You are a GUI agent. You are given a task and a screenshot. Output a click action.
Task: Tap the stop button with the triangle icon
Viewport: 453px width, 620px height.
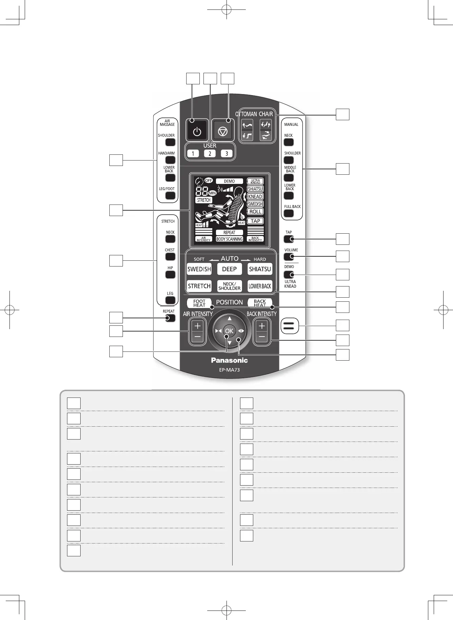click(x=222, y=131)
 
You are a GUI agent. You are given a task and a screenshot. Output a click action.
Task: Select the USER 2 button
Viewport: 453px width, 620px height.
click(x=210, y=153)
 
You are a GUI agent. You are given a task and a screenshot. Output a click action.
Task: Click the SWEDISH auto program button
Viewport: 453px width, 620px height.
click(x=199, y=269)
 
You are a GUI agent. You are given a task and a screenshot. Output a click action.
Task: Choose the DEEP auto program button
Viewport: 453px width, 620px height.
click(x=229, y=269)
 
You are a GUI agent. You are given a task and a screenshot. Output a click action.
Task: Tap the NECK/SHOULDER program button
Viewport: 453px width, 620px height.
click(x=229, y=286)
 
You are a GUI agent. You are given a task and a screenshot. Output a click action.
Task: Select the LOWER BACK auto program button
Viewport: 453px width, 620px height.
click(x=260, y=286)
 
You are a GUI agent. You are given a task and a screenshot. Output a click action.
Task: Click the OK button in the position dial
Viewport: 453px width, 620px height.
click(x=229, y=331)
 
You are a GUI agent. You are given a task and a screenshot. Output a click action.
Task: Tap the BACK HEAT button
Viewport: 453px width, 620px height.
click(x=260, y=303)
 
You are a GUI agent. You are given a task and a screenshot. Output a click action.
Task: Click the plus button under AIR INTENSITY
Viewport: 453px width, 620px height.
click(x=198, y=326)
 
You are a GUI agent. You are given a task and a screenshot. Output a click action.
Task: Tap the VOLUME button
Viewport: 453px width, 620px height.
click(x=289, y=256)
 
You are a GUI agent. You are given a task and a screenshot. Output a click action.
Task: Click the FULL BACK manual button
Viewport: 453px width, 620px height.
click(x=288, y=213)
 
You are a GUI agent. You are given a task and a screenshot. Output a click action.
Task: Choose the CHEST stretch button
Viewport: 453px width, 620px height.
click(x=170, y=257)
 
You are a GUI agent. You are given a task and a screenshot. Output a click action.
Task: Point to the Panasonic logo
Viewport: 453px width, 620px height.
click(x=229, y=360)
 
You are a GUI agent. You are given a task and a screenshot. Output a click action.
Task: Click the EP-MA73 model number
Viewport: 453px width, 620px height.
click(x=229, y=370)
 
